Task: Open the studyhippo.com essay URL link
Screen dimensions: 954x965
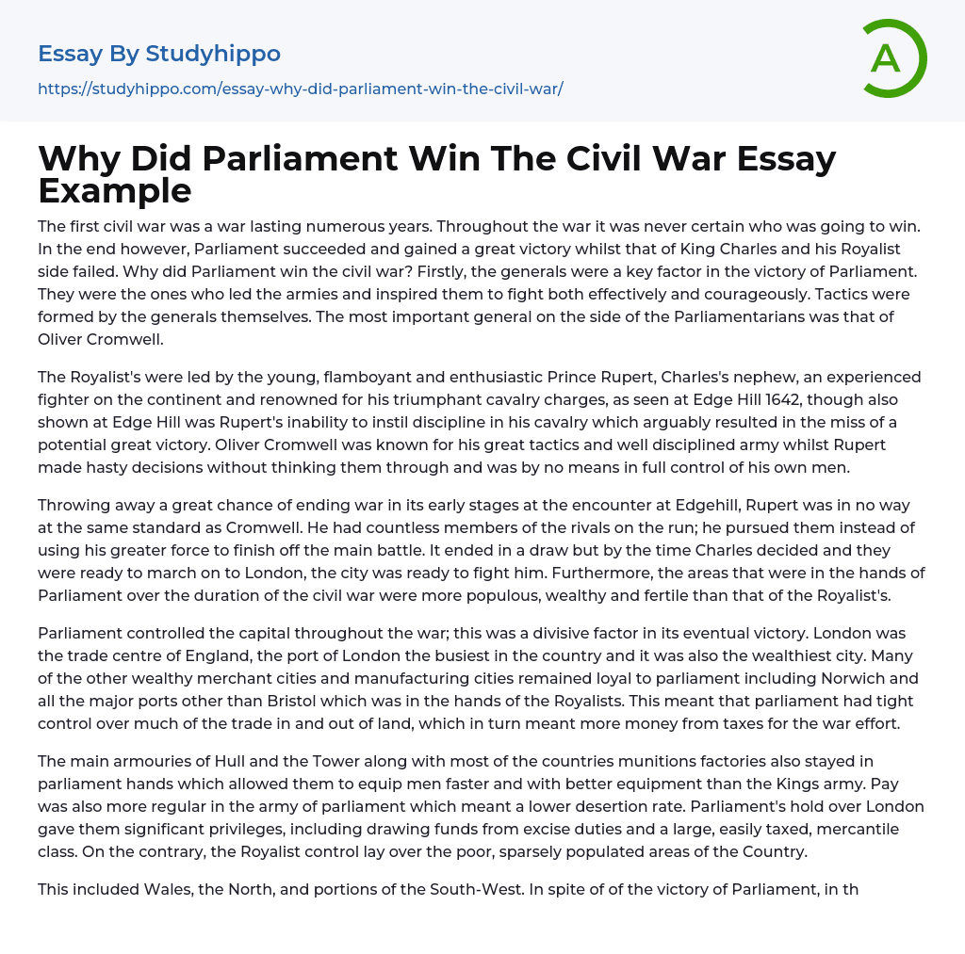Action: (300, 89)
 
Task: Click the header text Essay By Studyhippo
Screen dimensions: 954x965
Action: (159, 54)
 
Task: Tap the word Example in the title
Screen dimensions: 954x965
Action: (115, 190)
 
